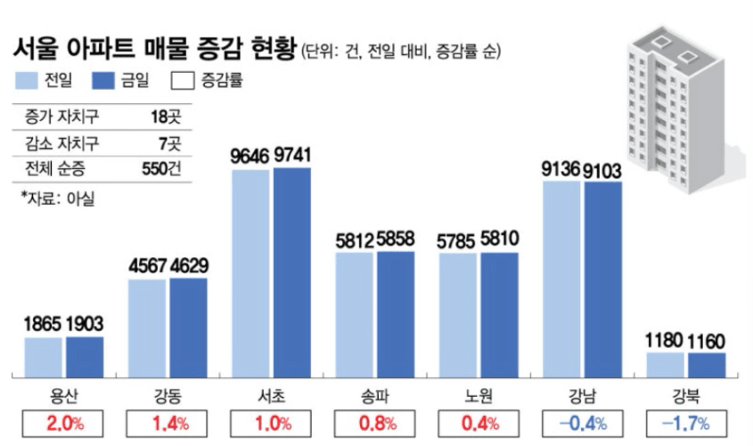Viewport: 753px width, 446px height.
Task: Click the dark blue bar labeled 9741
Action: click(292, 272)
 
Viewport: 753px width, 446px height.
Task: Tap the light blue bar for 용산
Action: click(44, 357)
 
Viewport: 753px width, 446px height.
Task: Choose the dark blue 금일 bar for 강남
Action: click(603, 280)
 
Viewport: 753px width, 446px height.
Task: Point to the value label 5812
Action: click(354, 240)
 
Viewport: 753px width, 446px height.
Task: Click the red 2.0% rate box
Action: click(64, 422)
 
